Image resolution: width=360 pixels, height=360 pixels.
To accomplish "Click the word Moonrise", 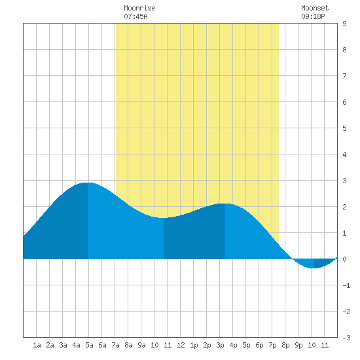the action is pos(139,8).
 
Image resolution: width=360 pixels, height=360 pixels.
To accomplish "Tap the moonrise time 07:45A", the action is pos(135,16).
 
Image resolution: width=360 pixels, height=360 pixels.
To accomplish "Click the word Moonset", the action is pos(315,8).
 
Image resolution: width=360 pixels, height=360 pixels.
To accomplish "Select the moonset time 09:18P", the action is pos(313,16).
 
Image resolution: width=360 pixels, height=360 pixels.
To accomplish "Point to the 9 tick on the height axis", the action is pos(344,24).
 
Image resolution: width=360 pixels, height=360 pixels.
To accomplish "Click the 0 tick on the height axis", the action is pos(344,259).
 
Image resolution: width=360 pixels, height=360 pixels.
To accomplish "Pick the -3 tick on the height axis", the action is pos(346,338).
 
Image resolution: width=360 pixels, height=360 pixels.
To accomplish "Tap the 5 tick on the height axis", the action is pos(344,128).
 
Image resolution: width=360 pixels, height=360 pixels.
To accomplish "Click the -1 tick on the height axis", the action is pos(346,285).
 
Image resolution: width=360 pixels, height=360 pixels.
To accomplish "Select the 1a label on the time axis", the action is pos(37,345).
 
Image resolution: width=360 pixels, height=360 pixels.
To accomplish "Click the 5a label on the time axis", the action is pos(89,345).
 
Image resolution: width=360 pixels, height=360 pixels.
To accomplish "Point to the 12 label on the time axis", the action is pos(181,345).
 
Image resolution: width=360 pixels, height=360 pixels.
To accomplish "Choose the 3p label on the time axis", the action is pos(220,345).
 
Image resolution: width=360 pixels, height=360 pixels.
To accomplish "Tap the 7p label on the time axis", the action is pos(272,345).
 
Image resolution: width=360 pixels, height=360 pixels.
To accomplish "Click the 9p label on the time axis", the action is pos(298,345).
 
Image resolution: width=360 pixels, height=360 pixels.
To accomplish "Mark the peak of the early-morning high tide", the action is pos(88,183).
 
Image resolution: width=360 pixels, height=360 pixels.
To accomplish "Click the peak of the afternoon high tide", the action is pos(225,204).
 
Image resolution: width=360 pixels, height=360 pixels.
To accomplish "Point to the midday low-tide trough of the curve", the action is pos(164,218).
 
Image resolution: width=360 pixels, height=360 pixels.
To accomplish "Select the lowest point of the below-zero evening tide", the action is pos(314,268).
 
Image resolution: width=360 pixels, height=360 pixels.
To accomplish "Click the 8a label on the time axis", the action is pos(128,345).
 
